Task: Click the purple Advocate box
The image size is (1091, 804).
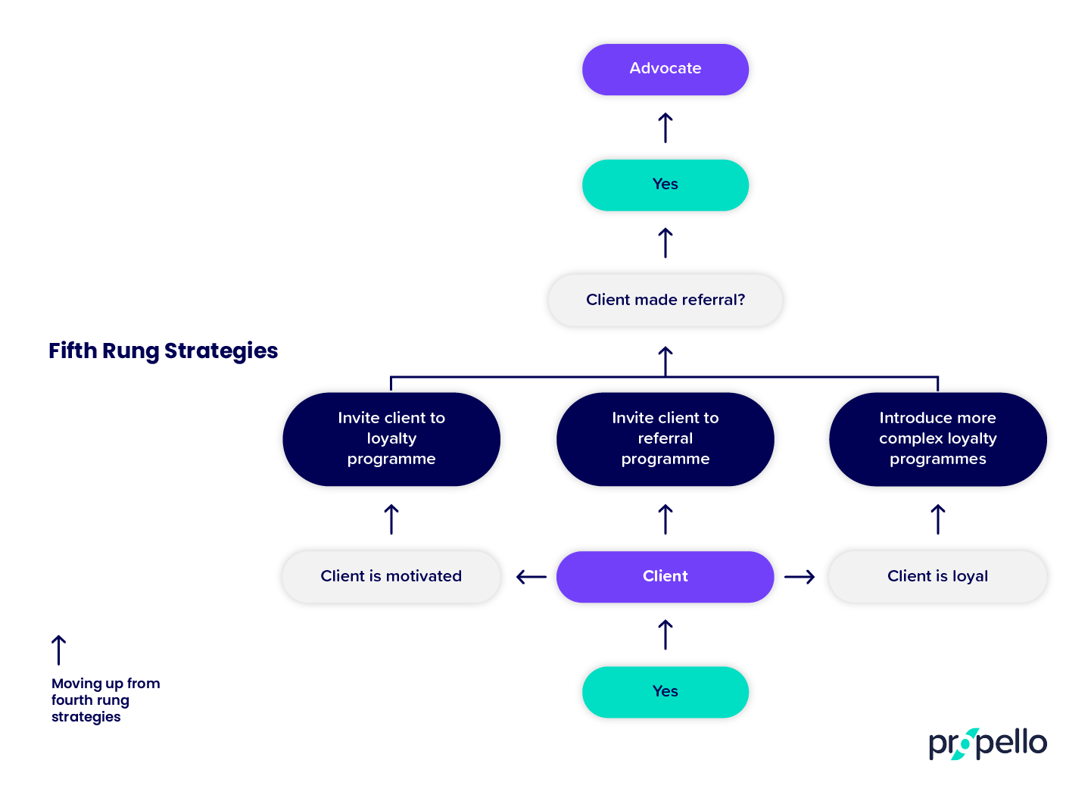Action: (x=665, y=69)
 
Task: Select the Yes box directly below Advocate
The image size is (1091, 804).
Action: (x=665, y=185)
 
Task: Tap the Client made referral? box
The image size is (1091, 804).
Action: (x=665, y=300)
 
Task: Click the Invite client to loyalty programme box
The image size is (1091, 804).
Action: (x=391, y=439)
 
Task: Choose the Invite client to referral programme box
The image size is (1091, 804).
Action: (x=665, y=439)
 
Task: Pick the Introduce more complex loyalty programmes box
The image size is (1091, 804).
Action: (x=937, y=439)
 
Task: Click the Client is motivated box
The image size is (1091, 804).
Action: (x=391, y=576)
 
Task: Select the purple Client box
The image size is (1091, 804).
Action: (x=665, y=576)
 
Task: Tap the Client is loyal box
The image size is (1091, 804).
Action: (x=937, y=576)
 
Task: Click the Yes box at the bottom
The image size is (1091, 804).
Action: (x=665, y=691)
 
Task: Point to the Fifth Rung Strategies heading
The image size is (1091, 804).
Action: (x=163, y=351)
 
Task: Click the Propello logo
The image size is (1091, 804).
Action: (x=987, y=743)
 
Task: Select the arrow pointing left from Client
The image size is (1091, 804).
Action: (x=531, y=577)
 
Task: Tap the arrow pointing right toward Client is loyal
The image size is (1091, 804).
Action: (x=800, y=577)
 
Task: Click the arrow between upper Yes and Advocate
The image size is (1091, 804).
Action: (x=665, y=127)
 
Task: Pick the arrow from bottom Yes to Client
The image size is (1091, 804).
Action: (x=665, y=634)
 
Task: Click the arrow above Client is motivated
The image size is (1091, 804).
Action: (x=391, y=519)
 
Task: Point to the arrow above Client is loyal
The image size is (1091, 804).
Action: (x=937, y=519)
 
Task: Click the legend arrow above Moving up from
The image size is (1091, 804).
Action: (x=58, y=650)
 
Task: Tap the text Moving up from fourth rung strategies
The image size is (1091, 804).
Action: (x=105, y=700)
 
